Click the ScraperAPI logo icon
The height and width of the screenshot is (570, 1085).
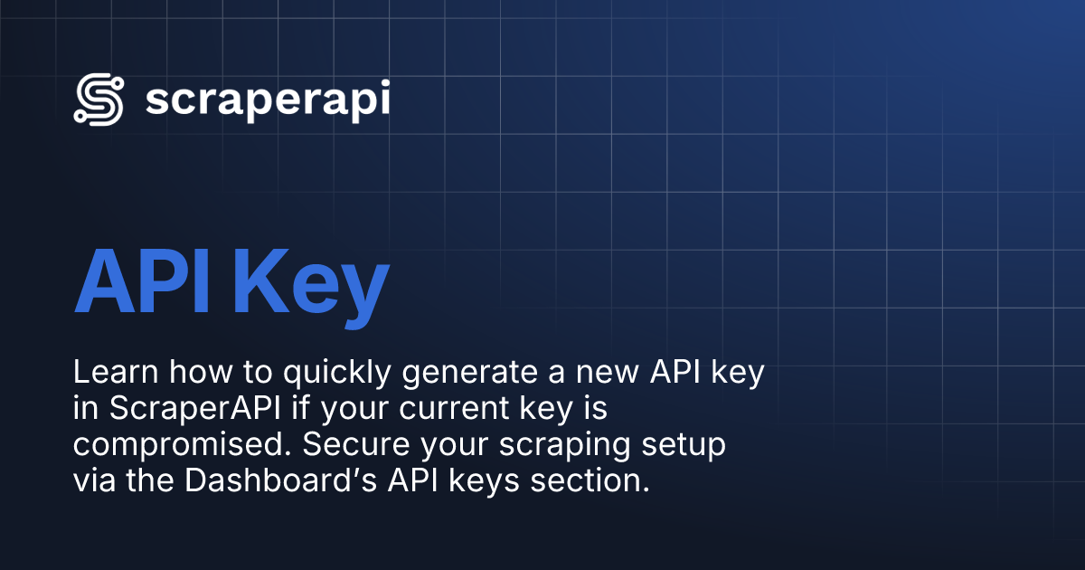pyautogui.click(x=99, y=100)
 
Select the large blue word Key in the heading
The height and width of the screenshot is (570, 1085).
pyautogui.click(x=311, y=284)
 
